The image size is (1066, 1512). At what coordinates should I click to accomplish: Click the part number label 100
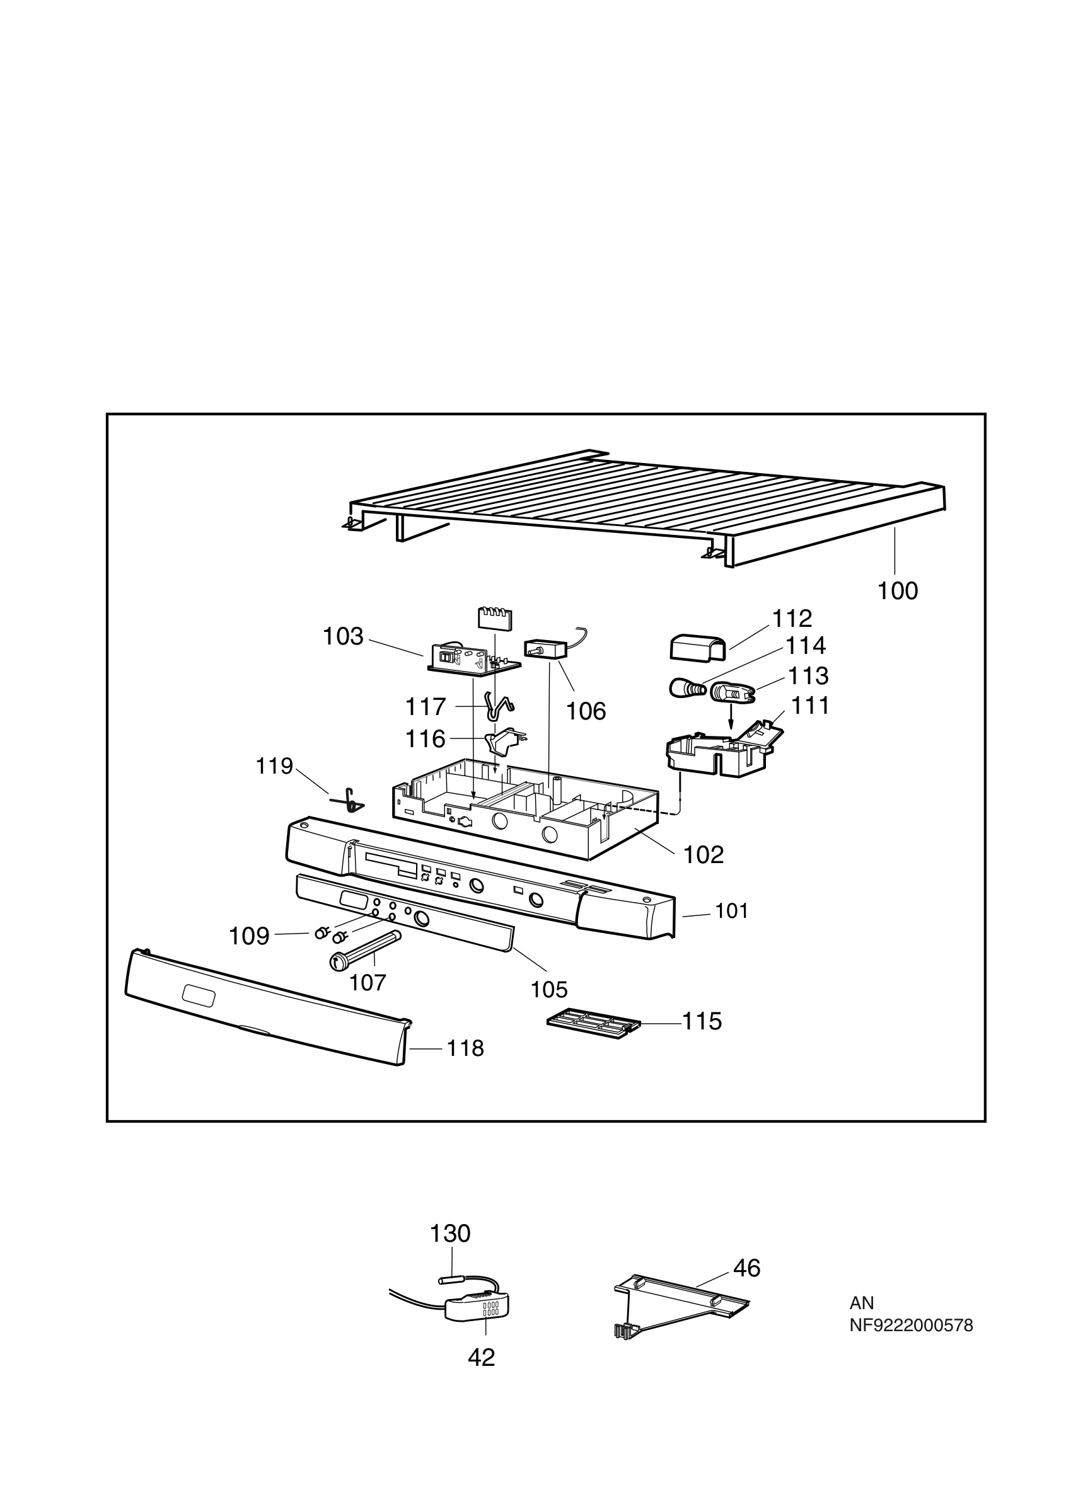[x=896, y=591]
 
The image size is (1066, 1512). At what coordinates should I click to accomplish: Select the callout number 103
[x=342, y=636]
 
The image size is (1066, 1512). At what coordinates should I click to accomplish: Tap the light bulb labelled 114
[x=686, y=689]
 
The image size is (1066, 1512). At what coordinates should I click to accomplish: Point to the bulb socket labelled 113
[x=731, y=692]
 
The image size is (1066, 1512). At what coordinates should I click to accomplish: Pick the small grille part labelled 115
[x=593, y=1028]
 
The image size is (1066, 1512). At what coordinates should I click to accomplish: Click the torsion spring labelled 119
[x=349, y=800]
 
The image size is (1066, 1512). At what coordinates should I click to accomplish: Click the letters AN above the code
[x=861, y=1303]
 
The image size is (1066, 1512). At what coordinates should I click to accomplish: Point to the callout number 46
[x=746, y=1268]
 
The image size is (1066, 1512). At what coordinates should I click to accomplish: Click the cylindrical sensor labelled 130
[x=454, y=1280]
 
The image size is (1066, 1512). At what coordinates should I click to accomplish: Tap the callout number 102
[x=703, y=855]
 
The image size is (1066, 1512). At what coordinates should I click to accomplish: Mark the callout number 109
[x=248, y=936]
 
